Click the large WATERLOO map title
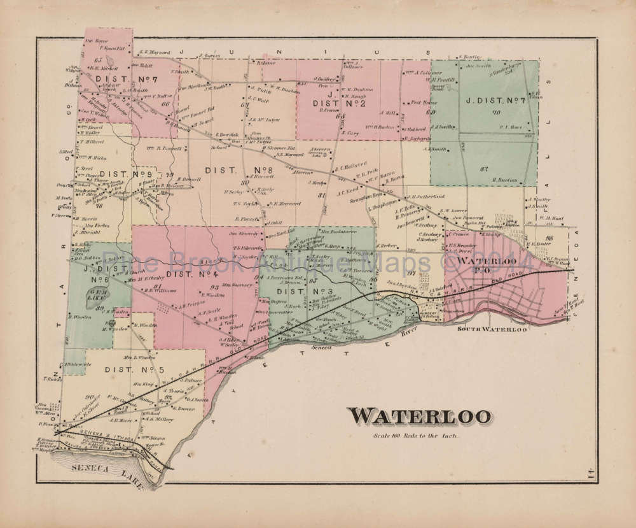click(x=420, y=415)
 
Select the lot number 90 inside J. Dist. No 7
click(x=495, y=113)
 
